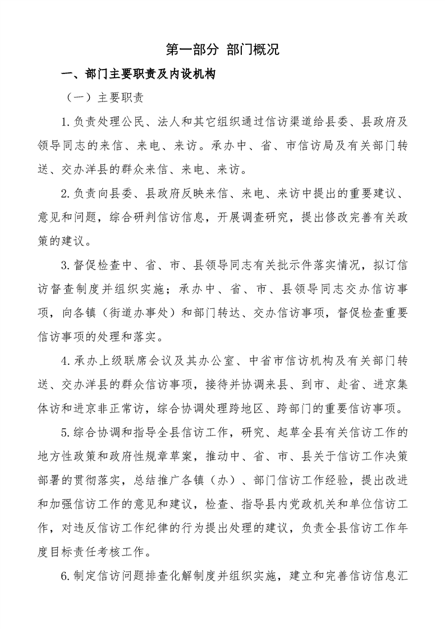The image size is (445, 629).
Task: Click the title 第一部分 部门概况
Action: point(222,49)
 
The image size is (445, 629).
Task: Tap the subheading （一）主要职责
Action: point(105,97)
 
